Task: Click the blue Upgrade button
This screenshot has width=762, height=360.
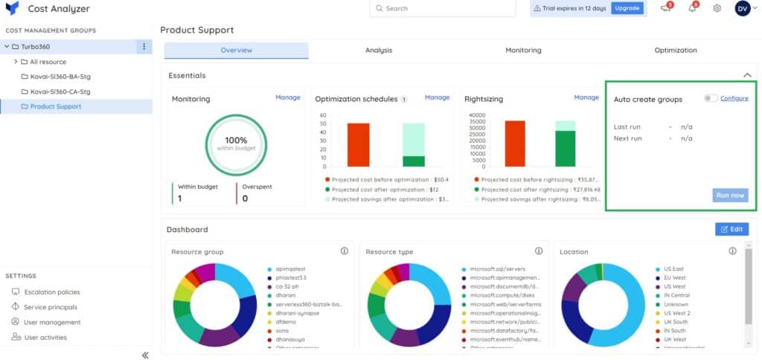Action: click(627, 8)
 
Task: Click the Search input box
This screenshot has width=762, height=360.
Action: click(442, 8)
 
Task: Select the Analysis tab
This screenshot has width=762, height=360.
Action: click(378, 51)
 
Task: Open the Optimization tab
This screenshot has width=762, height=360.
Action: click(675, 51)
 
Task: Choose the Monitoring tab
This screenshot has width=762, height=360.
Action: click(523, 51)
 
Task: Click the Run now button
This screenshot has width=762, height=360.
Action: click(729, 195)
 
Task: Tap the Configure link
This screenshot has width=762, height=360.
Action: click(734, 98)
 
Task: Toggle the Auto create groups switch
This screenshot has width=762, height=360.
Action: click(711, 98)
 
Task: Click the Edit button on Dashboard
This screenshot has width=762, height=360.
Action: click(731, 229)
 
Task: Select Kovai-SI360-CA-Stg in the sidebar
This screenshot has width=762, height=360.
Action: click(60, 91)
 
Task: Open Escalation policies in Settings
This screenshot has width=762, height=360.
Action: click(51, 292)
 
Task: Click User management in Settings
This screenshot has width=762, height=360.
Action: click(51, 322)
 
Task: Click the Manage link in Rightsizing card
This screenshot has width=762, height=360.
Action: click(586, 97)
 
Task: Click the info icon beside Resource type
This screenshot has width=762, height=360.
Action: click(539, 251)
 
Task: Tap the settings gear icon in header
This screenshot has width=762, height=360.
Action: click(717, 8)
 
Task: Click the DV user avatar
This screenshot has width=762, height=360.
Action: click(742, 8)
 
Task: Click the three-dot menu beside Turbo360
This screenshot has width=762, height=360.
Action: click(144, 47)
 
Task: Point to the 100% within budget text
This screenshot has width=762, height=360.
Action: click(236, 143)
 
